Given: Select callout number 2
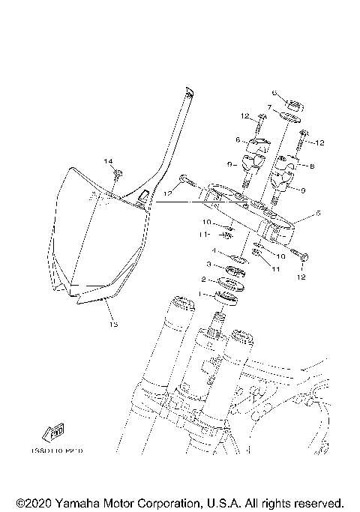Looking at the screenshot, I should click(x=202, y=280).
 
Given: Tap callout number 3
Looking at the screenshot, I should click(x=210, y=265).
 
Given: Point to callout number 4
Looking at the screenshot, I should click(x=213, y=252).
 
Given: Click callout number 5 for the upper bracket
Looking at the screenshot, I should click(x=318, y=214).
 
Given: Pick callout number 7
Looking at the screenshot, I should click(x=268, y=107).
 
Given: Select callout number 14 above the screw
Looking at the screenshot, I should click(x=107, y=162).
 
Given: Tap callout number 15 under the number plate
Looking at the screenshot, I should click(x=113, y=325).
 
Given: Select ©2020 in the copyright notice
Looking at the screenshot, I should click(x=34, y=502).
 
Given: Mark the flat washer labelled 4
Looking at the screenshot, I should click(x=238, y=259).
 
